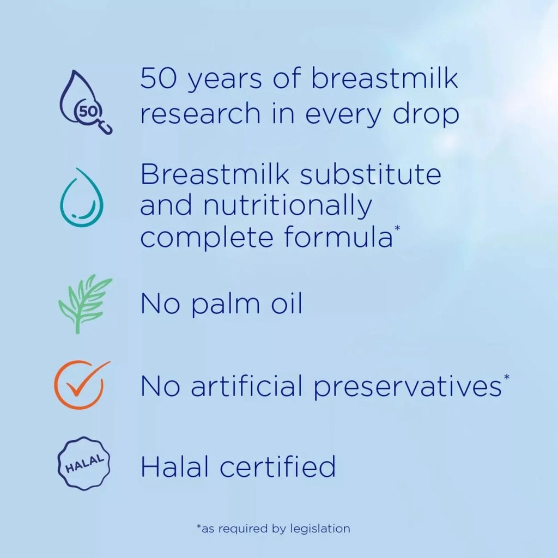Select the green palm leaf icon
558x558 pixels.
tap(83, 304)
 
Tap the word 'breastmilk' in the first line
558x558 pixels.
tap(385, 80)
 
